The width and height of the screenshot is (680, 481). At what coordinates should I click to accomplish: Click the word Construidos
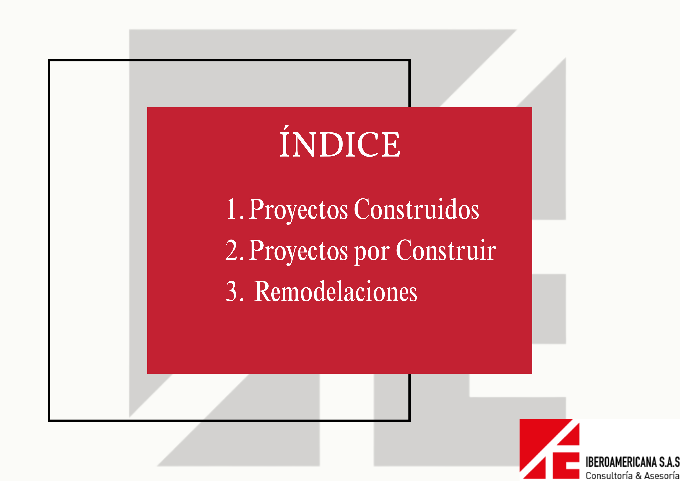[x=416, y=209]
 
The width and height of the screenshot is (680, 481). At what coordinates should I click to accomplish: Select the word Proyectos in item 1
[x=298, y=211]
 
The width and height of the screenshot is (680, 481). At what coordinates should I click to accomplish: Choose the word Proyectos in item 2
[x=298, y=252]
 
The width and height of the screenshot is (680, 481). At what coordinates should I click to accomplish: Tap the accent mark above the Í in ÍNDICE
[x=285, y=128]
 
